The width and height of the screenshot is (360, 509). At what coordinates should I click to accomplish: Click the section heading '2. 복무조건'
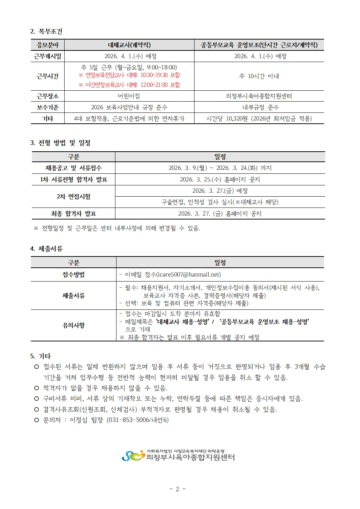click(x=46, y=32)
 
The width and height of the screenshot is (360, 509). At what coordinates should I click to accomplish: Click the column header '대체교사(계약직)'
click(x=129, y=45)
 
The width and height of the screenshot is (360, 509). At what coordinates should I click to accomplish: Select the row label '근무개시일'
click(x=48, y=56)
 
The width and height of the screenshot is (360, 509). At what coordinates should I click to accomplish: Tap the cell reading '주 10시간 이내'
click(x=259, y=76)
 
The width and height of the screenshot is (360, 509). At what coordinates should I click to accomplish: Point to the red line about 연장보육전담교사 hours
click(x=130, y=75)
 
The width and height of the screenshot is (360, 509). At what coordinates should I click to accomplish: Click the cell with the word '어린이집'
click(x=129, y=96)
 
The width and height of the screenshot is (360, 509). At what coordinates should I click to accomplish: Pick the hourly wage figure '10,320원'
click(x=237, y=119)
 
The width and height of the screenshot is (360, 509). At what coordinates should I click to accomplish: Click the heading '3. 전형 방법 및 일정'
click(x=60, y=143)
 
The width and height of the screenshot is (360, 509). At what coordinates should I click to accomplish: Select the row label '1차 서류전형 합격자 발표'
click(x=74, y=180)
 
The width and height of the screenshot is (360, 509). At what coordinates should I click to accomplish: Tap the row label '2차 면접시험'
click(x=74, y=197)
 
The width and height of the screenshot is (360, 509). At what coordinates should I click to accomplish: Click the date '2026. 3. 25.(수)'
click(x=200, y=180)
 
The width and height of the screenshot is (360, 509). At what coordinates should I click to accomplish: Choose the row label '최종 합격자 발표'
click(x=74, y=214)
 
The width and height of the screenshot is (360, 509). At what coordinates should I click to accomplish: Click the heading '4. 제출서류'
click(x=46, y=249)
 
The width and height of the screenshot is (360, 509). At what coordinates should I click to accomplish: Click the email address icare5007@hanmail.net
click(x=189, y=275)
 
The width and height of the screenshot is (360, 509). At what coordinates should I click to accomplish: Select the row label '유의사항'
click(x=74, y=325)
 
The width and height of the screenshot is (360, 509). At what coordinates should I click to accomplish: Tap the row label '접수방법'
click(x=74, y=275)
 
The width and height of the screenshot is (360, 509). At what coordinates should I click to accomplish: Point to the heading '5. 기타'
click(x=41, y=356)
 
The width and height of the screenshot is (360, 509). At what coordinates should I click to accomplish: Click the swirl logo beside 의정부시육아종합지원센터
click(x=133, y=456)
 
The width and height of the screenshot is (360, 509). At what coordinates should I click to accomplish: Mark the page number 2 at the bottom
click(x=177, y=489)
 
